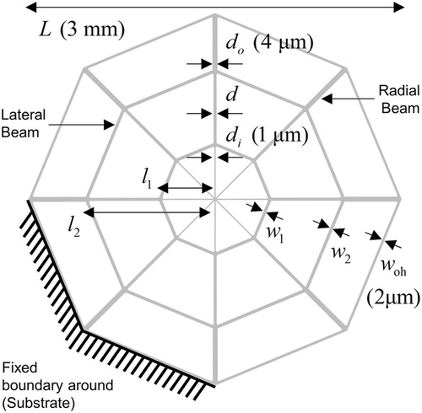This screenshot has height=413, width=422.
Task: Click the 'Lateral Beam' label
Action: pyautogui.click(x=23, y=124)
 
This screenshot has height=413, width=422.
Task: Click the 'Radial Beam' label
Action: pyautogui.click(x=400, y=99)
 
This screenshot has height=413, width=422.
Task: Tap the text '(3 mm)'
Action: pyautogui.click(x=92, y=29)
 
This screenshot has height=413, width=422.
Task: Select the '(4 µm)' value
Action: pyautogui.click(x=283, y=44)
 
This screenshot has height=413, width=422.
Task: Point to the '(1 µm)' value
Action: pyautogui.click(x=279, y=137)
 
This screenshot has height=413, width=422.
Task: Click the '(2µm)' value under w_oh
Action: pyautogui.click(x=394, y=298)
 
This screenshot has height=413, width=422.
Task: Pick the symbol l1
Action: pyautogui.click(x=147, y=180)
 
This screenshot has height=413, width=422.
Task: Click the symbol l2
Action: pyautogui.click(x=71, y=228)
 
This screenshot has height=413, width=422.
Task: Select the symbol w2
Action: pyautogui.click(x=341, y=255)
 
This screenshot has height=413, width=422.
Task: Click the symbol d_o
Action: pyautogui.click(x=235, y=45)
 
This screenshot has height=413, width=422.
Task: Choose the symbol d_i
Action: pyautogui.click(x=234, y=137)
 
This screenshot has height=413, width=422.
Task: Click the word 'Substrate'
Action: pyautogui.click(x=41, y=404)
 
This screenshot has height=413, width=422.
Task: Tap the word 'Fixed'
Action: pyautogui.click(x=19, y=368)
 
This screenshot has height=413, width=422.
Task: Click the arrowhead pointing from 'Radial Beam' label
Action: pyautogui.click(x=327, y=99)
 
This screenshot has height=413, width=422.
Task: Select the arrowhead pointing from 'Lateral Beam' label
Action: pyautogui.click(x=109, y=125)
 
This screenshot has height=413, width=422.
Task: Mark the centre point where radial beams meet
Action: pyautogui.click(x=215, y=199)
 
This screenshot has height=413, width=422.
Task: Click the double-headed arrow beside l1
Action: pyautogui.click(x=185, y=188)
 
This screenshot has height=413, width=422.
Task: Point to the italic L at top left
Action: pyautogui.click(x=46, y=29)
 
